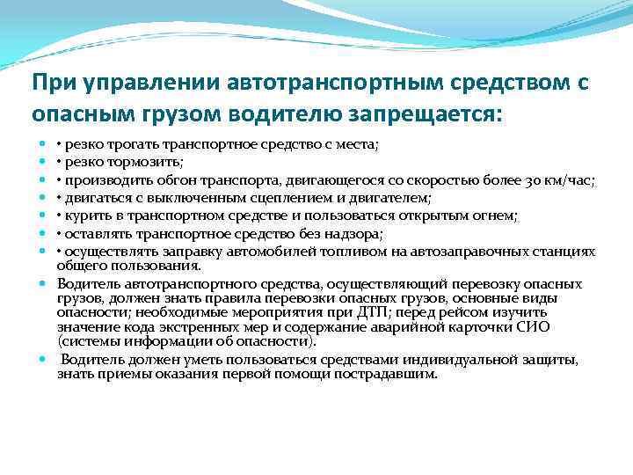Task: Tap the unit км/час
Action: (x=565, y=181)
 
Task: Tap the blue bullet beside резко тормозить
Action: (x=43, y=164)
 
